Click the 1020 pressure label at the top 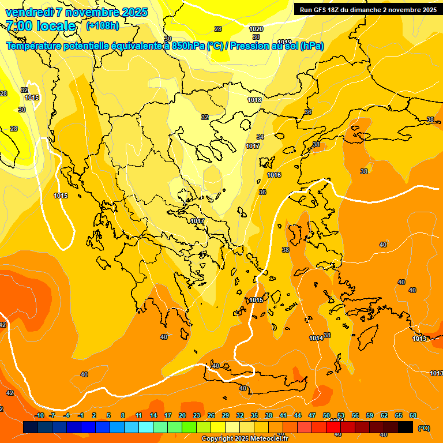pyautogui.click(x=256, y=29)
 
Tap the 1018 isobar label pyautogui.click(x=254, y=100)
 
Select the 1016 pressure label pyautogui.click(x=274, y=175)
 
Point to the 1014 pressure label pyautogui.click(x=316, y=338)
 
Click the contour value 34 pyautogui.click(x=260, y=137)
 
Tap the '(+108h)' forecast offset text pyautogui.click(x=103, y=26)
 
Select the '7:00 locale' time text pyautogui.click(x=40, y=26)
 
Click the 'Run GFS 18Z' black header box pyautogui.click(x=367, y=9)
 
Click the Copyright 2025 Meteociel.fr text pyautogui.click(x=245, y=439)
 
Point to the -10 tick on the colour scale pyautogui.click(x=39, y=416)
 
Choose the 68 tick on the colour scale pyautogui.click(x=413, y=416)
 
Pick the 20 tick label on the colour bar pyautogui.click(x=182, y=416)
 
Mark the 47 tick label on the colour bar pyautogui.click(x=312, y=416)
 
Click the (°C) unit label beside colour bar pyautogui.click(x=423, y=428)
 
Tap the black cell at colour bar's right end pyautogui.click(x=406, y=427)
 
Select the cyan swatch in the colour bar pyautogui.click(x=146, y=427)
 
